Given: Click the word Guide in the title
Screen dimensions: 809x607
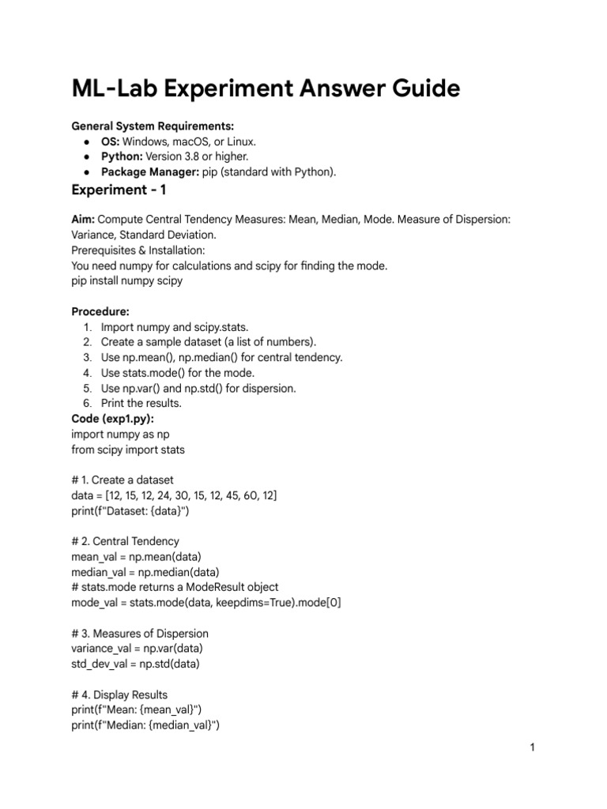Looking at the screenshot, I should click(420, 89).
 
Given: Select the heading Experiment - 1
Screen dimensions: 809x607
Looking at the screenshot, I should click(119, 190).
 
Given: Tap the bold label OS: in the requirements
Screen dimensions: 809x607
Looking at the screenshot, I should click(110, 141).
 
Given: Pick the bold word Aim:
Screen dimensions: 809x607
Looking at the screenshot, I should click(83, 220).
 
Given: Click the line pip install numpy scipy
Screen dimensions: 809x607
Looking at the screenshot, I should click(126, 280).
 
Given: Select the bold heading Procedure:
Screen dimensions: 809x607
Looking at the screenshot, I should click(100, 311).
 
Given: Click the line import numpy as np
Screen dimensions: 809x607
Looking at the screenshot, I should click(120, 434).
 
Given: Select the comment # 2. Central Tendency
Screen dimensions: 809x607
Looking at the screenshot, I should click(125, 541).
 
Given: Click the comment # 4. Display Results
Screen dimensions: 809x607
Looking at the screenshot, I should click(119, 694).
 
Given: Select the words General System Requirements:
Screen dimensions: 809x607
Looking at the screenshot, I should click(153, 126).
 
